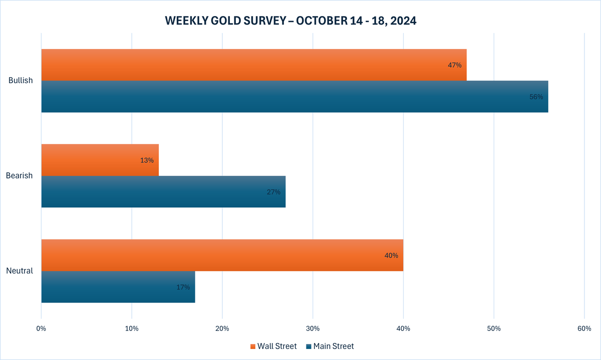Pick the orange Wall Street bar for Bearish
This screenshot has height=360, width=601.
click(x=100, y=160)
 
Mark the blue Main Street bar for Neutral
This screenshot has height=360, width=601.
click(x=118, y=287)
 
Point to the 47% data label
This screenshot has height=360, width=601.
click(x=455, y=65)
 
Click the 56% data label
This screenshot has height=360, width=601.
click(x=536, y=97)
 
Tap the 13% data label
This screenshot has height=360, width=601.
click(x=147, y=160)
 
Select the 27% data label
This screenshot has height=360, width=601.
click(x=273, y=192)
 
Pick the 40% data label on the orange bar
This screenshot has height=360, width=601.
click(x=391, y=255)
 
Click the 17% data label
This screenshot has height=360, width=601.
click(x=183, y=287)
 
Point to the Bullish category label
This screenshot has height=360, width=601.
click(x=21, y=81)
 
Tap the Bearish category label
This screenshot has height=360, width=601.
click(x=19, y=176)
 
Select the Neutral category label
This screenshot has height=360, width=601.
click(x=20, y=271)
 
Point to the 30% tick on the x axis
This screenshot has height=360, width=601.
click(x=313, y=328)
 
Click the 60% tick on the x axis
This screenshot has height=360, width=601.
click(x=584, y=328)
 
